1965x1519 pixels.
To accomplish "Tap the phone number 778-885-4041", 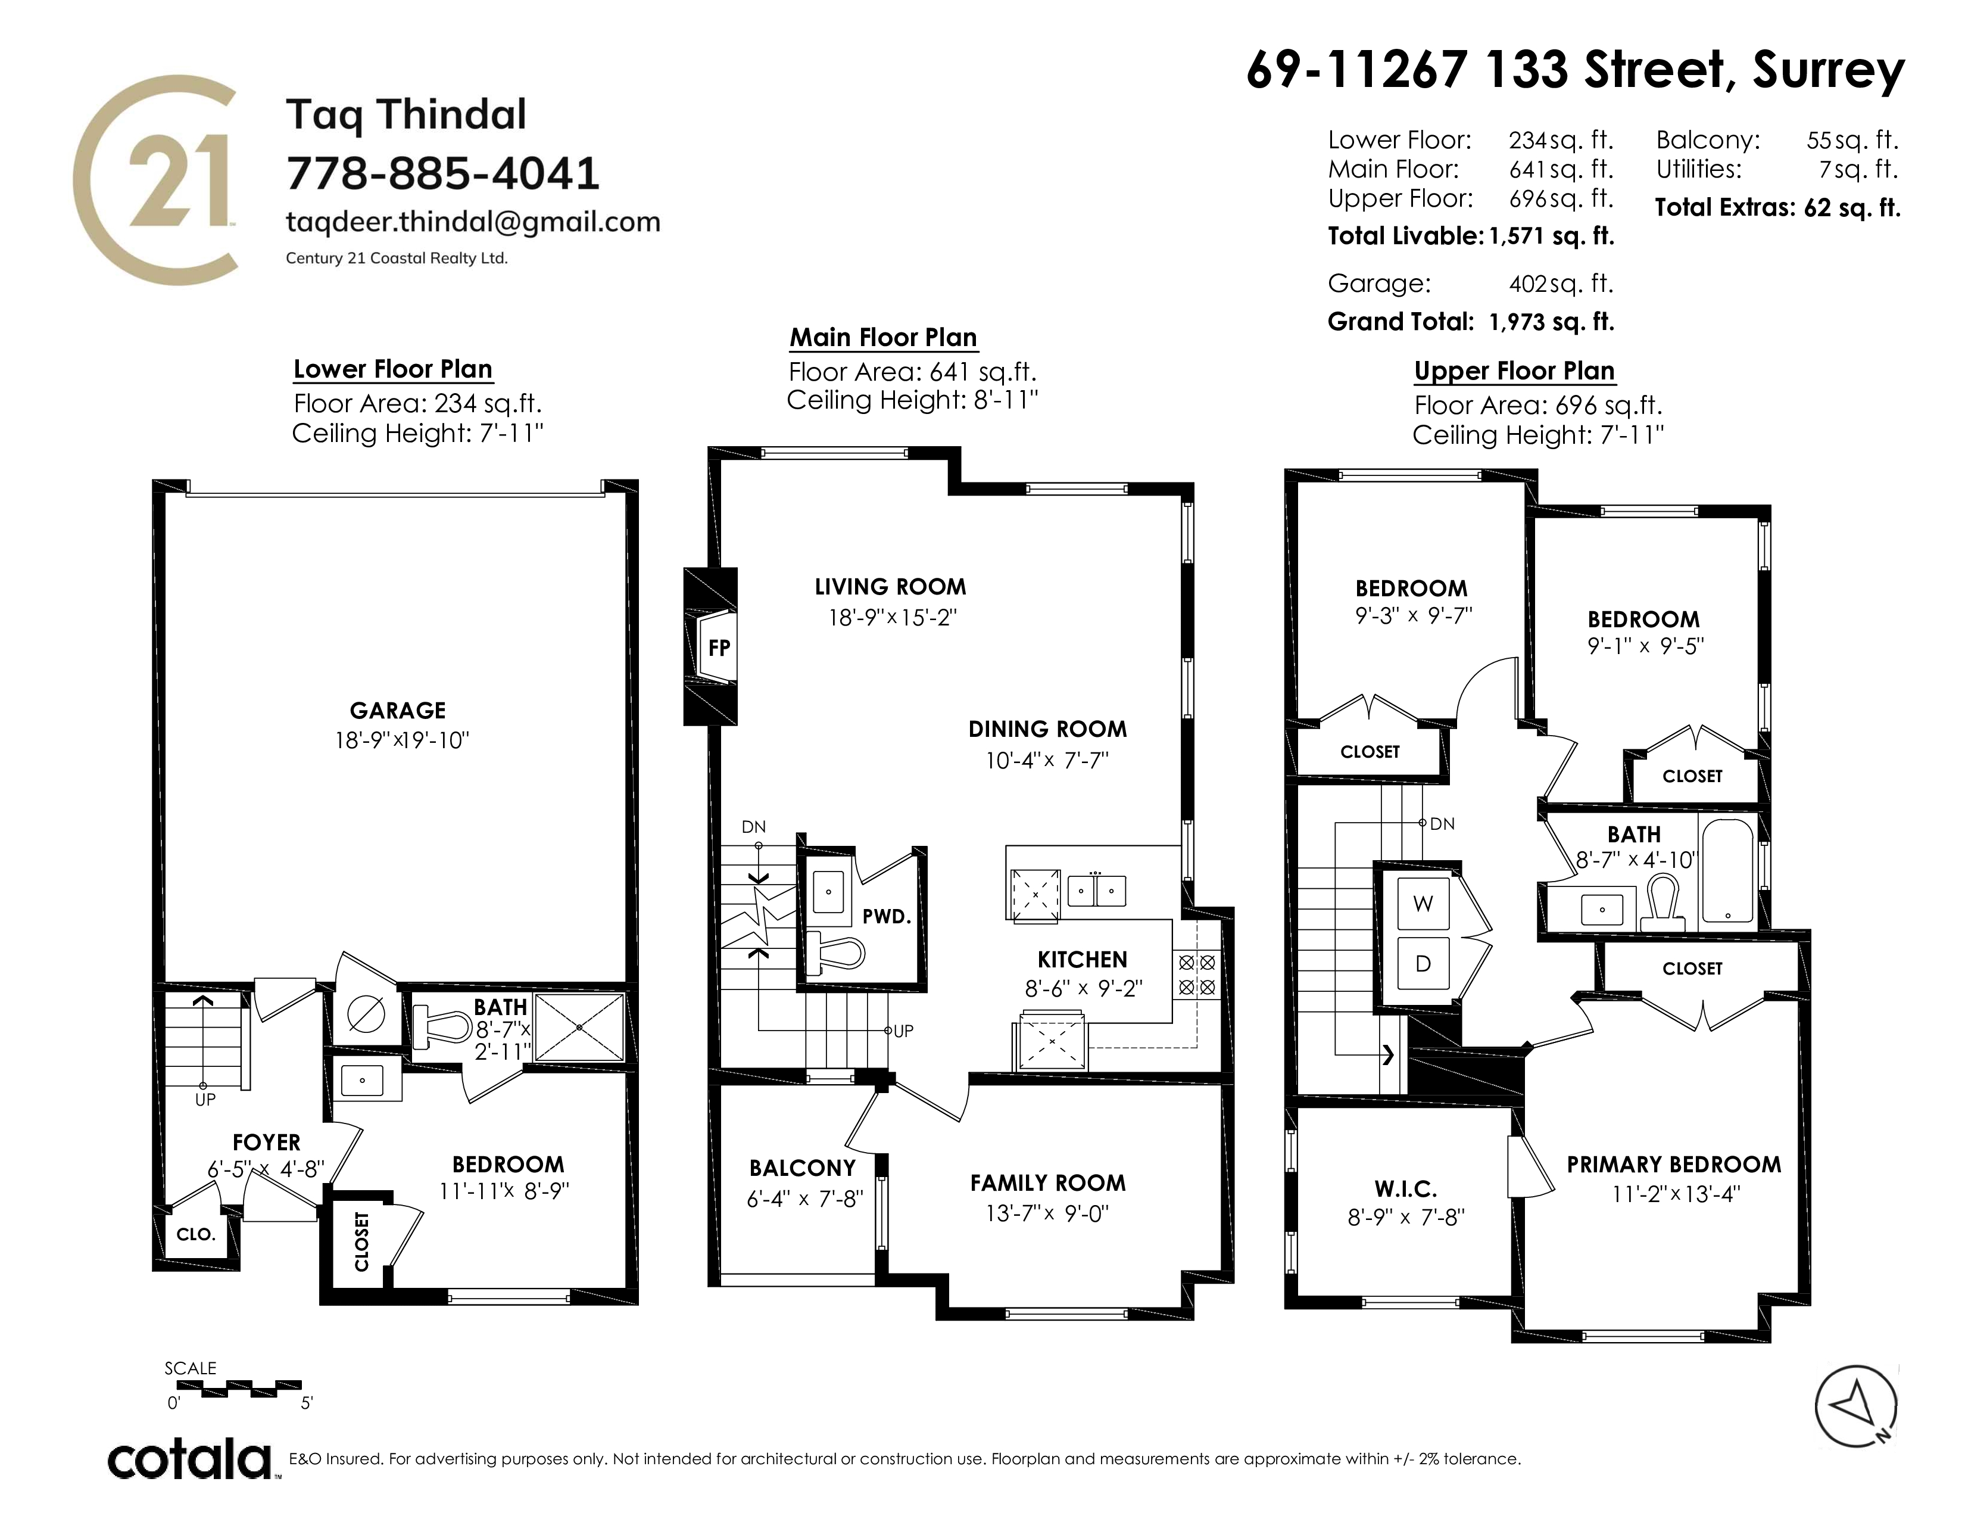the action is pos(442,174).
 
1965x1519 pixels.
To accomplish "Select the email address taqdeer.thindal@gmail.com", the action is pos(473,222).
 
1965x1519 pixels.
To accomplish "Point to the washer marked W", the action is pos(1423,904).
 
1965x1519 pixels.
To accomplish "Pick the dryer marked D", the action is pos(1423,963).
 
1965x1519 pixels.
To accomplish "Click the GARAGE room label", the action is pos(398,711).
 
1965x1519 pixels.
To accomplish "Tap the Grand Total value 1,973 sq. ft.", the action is pos(1552,322).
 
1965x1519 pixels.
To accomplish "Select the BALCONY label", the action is pos(803,1168).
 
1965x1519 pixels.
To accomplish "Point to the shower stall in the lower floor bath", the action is pos(579,1027).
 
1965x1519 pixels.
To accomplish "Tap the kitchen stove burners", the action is pos(1197,975).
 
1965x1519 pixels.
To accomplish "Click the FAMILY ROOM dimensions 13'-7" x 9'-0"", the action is pos(1047,1213).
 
